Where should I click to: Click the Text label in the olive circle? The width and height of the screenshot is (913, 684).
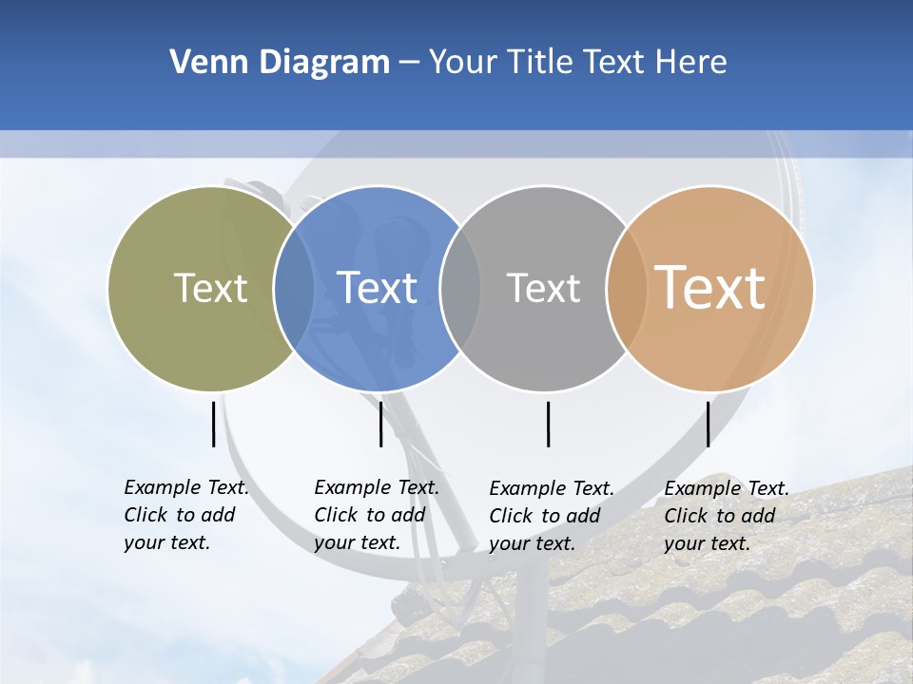point(210,288)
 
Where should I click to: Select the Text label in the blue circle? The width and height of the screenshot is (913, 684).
point(377,288)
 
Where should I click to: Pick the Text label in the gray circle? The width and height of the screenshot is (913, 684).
point(543,288)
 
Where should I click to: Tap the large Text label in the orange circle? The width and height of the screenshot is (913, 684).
point(709,287)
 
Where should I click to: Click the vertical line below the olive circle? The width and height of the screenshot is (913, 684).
point(213,424)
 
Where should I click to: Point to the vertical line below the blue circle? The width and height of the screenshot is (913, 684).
point(380,424)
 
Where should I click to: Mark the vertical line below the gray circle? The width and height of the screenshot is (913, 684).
point(548,424)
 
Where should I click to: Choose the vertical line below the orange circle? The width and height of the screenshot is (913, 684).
point(708,424)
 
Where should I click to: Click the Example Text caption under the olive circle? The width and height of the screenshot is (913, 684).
point(185,514)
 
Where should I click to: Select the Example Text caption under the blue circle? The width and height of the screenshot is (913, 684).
point(376,514)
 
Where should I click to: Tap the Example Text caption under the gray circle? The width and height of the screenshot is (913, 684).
point(551,515)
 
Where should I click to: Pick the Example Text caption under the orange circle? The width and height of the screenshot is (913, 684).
point(726,515)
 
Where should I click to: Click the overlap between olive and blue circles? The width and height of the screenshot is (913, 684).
point(294,288)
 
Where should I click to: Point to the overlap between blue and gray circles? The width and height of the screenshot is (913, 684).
point(460,288)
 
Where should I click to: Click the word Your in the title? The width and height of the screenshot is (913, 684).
point(462,63)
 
